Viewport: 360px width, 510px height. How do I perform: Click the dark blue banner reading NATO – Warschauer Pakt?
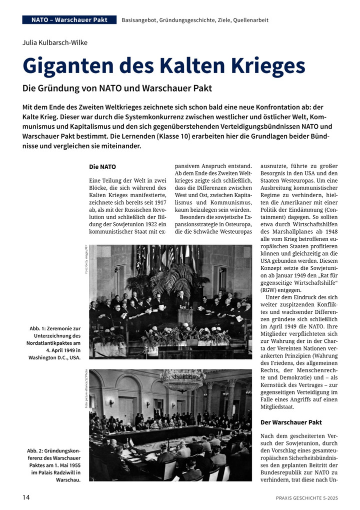pos(69,20)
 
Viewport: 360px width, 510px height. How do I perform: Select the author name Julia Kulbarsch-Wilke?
pos(55,43)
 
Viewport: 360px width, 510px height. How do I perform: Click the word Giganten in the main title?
pos(70,67)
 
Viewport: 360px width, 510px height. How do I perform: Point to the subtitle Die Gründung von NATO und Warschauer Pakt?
pos(117,88)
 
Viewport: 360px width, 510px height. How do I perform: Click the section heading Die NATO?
pos(102,166)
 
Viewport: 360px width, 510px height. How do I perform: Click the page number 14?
pos(26,497)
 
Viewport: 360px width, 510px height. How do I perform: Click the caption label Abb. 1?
pos(43,328)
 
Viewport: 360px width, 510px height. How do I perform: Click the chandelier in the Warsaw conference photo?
pos(182,380)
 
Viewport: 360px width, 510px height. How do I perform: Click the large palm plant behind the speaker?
pos(173,278)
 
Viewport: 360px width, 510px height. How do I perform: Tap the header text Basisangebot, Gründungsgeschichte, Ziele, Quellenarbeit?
pos(195,20)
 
